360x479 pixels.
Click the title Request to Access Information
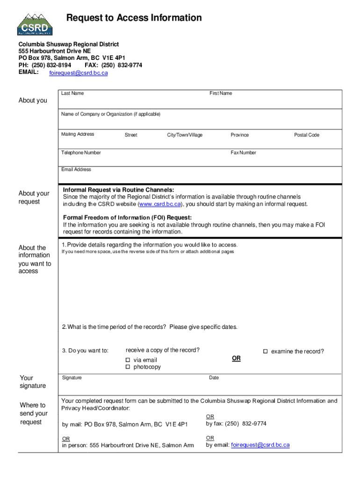coord(134,18)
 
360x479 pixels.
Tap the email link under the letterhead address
coord(78,73)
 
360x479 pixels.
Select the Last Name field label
coord(72,93)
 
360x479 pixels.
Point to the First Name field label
coord(221,93)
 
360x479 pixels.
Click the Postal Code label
coord(306,135)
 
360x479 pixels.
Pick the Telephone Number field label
coord(81,152)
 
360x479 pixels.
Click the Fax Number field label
coord(243,152)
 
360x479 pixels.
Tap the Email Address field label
coord(76,169)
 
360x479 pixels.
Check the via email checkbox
coord(127,360)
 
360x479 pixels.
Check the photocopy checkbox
coord(127,367)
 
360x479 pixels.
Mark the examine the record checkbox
coord(265,351)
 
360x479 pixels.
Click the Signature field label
coord(72,377)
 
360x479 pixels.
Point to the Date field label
coord(214,377)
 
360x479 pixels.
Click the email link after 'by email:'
coord(260,445)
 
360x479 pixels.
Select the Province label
coord(239,135)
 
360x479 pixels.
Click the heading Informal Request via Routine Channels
coord(118,190)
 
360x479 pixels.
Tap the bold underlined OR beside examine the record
coord(236,358)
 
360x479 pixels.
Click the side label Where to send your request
coord(33,414)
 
